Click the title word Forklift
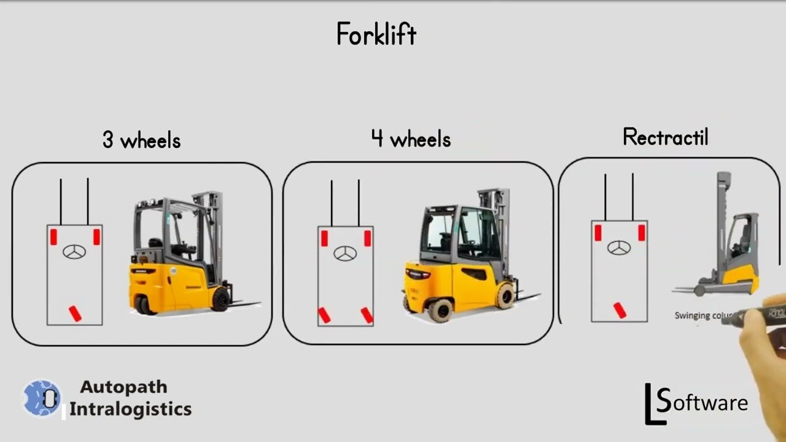376,35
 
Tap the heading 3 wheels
141,141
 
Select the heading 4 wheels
411,139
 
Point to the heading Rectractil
665,137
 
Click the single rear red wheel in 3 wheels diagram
75,313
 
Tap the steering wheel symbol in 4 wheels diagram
345,253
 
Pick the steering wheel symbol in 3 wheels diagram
74,252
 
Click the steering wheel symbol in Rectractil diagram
619,248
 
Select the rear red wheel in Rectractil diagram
620,311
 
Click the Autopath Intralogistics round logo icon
42,398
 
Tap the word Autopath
123,387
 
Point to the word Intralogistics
130,409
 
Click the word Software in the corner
701,403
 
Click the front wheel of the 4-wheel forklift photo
505,296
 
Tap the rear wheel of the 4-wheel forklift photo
440,311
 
